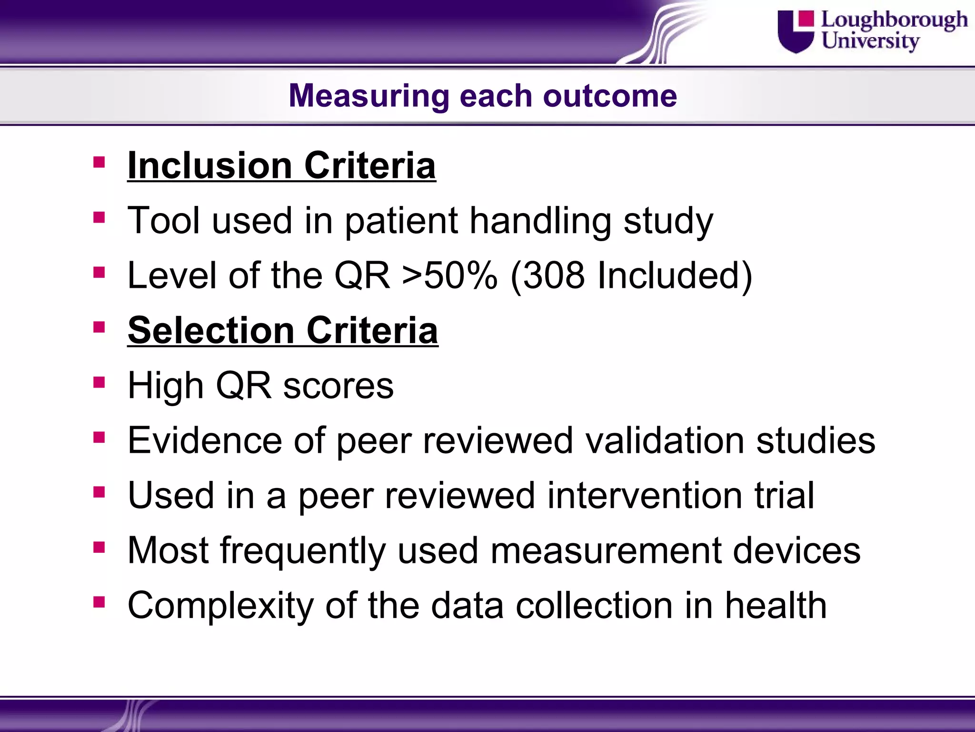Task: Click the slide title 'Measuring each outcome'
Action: [x=482, y=96]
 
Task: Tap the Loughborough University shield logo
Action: [x=796, y=31]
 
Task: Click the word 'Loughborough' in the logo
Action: [x=894, y=20]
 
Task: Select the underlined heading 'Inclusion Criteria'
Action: [x=281, y=165]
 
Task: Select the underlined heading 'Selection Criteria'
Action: [x=283, y=330]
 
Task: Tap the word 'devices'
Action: [x=796, y=550]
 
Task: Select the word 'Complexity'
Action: [x=220, y=606]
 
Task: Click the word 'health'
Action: [x=776, y=605]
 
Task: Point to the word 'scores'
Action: [x=338, y=385]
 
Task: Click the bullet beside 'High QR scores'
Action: [x=99, y=382]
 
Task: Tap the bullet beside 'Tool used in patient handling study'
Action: [x=99, y=218]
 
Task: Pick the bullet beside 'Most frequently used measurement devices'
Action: [x=99, y=547]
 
